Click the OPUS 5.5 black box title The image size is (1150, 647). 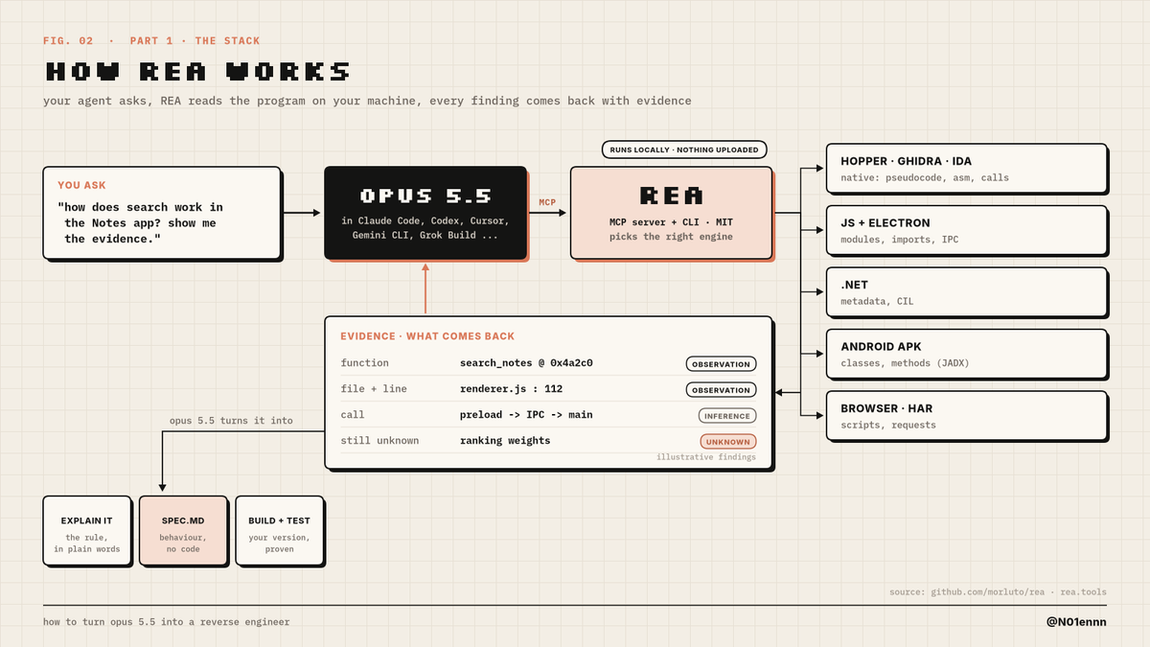425,196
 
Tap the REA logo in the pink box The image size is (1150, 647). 671,196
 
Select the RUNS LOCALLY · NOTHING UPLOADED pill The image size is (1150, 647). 684,150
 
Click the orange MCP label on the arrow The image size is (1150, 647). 547,202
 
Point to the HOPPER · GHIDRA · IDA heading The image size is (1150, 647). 907,161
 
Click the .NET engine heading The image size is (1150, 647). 854,285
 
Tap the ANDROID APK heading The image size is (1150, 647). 881,347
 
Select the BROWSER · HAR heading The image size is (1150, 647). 886,408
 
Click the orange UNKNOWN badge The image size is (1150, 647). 728,442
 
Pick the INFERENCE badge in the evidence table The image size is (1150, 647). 727,416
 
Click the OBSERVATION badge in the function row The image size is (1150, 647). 721,364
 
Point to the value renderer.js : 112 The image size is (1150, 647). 512,389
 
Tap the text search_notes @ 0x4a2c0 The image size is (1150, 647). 526,363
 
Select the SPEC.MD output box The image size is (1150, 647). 183,531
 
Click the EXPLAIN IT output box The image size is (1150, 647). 87,531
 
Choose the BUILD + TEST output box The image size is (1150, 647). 280,531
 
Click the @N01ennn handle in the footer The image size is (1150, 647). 1076,622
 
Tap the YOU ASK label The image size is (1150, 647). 81,185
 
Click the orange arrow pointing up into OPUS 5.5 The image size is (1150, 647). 425,289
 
